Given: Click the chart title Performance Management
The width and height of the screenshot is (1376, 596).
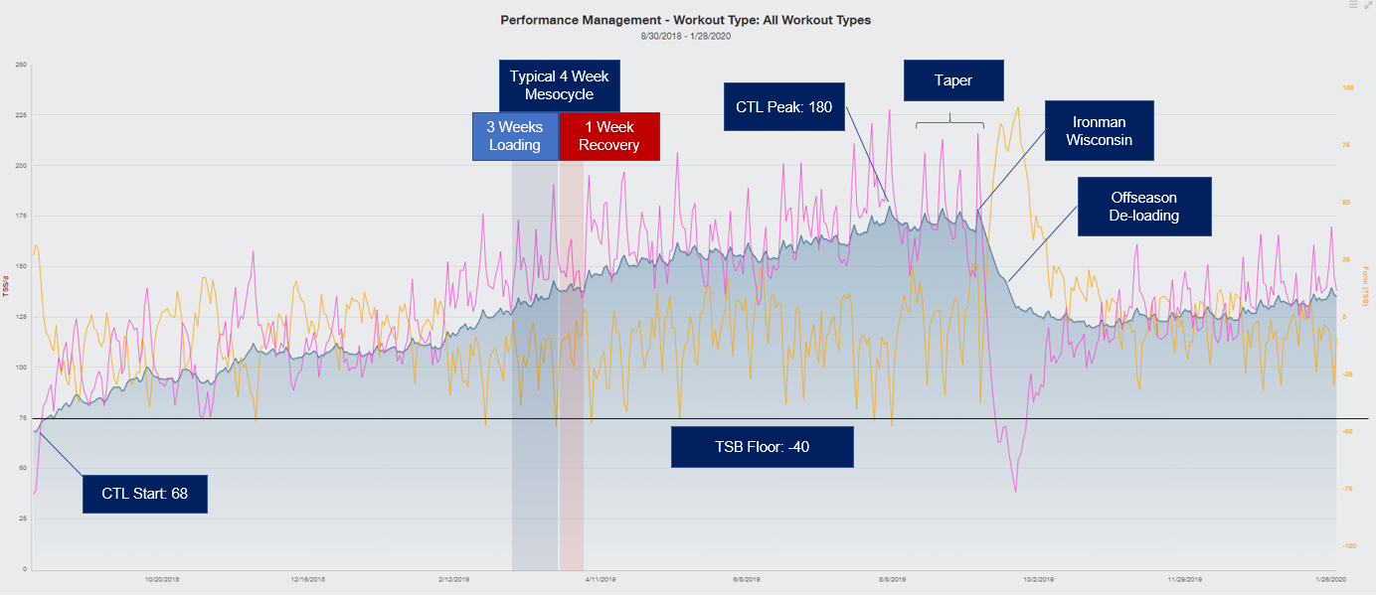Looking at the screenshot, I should click(x=685, y=20).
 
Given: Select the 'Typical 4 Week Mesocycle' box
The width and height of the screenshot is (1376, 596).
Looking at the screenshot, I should click(x=559, y=85).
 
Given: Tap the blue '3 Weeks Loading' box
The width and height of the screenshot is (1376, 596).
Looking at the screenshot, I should click(x=514, y=136).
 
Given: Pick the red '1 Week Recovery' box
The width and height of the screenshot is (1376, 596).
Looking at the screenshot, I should click(x=609, y=136).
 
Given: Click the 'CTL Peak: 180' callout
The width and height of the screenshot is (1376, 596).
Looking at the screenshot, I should click(x=784, y=106).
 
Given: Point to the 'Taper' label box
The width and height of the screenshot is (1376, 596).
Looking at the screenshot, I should click(x=952, y=80).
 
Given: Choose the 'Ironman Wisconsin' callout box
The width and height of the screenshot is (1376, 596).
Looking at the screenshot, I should click(x=1099, y=130).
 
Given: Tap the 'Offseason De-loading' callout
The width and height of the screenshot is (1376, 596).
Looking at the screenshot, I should click(x=1144, y=207).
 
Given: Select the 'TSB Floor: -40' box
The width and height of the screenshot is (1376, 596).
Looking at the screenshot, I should click(x=763, y=447).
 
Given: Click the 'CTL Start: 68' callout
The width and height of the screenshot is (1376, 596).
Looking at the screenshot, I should click(x=145, y=493).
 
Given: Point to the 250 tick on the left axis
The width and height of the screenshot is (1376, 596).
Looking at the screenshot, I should click(x=21, y=66).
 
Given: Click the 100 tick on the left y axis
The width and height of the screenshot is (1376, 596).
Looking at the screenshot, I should click(x=21, y=368).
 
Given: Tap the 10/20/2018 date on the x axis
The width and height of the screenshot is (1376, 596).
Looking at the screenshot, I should click(x=162, y=578).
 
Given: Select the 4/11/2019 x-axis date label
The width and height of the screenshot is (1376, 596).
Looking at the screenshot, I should click(x=602, y=578).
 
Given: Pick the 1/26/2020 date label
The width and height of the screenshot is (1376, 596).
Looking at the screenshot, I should click(x=1326, y=578).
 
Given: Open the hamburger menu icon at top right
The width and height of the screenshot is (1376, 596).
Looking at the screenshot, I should click(x=1353, y=5).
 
